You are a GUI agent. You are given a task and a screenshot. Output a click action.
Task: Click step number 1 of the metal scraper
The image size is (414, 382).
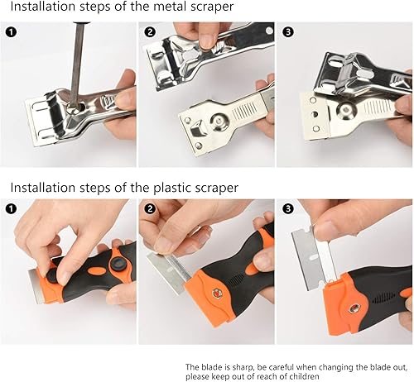pyautogui.click(x=11, y=32)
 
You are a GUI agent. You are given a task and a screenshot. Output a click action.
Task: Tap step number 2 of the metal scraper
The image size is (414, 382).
pyautogui.click(x=150, y=32)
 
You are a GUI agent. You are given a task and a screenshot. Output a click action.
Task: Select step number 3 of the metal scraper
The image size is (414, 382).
pyautogui.click(x=288, y=32)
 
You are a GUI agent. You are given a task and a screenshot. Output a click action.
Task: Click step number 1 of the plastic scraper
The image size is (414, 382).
pyautogui.click(x=11, y=208)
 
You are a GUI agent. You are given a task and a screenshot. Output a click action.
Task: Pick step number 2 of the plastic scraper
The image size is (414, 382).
pyautogui.click(x=150, y=208)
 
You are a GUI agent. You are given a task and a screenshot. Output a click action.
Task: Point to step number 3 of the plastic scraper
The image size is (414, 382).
pyautogui.click(x=288, y=208)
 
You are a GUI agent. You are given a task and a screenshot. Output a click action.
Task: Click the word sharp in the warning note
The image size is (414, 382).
pyautogui.click(x=243, y=368)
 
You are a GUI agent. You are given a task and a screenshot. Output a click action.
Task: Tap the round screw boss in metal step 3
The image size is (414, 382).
pyautogui.click(x=345, y=109)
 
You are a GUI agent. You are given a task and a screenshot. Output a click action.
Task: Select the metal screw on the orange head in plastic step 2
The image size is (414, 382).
pyautogui.click(x=217, y=294)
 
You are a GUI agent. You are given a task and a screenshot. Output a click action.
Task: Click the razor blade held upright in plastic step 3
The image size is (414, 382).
pyautogui.click(x=314, y=259)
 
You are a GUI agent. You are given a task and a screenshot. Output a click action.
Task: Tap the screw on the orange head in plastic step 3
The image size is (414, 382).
pyautogui.click(x=354, y=308)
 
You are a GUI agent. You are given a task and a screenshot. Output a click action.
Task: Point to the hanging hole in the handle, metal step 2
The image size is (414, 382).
pyautogui.click(x=269, y=31)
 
